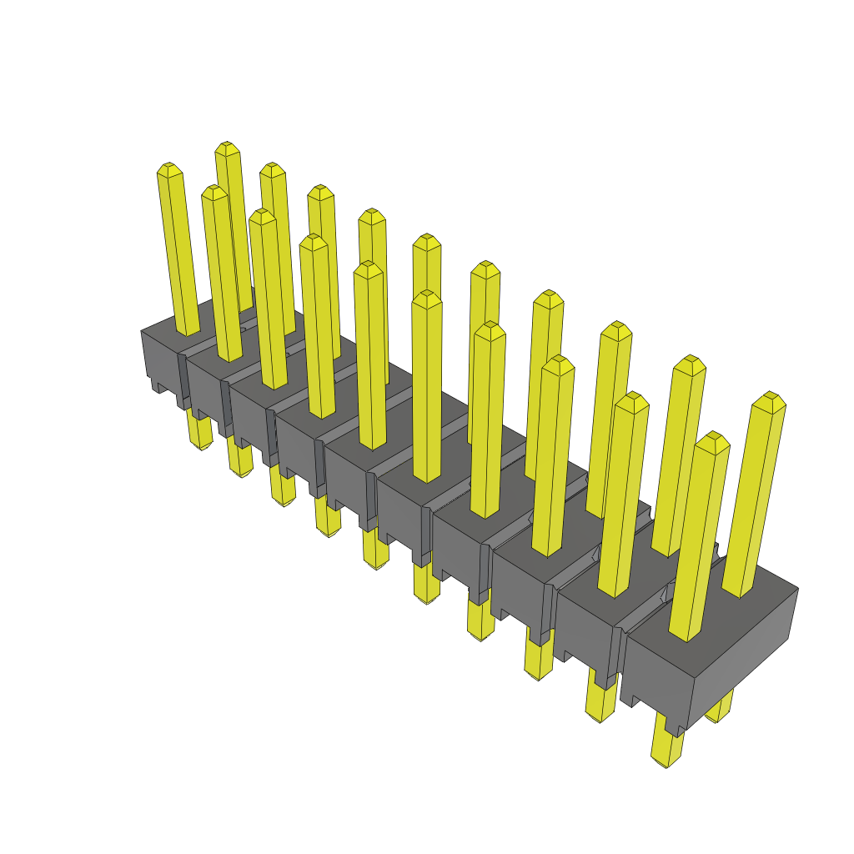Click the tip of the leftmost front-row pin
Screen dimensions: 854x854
tap(169, 169)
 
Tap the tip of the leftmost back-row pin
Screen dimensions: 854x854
tap(227, 148)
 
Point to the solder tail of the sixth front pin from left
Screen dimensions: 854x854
tap(427, 584)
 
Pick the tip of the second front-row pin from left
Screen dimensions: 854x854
tap(214, 192)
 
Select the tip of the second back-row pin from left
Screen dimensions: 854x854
tap(272, 169)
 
